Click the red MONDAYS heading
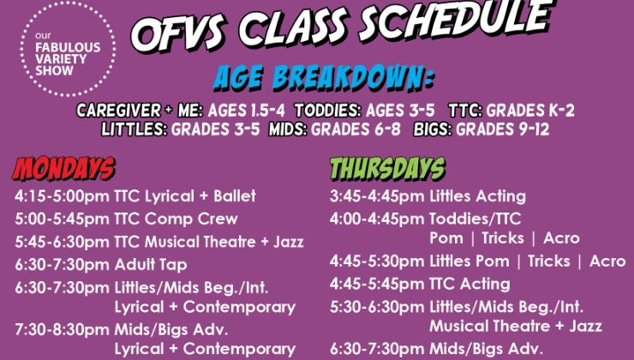click(64, 168)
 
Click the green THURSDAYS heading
click(387, 168)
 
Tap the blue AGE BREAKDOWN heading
click(324, 77)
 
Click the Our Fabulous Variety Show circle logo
click(68, 49)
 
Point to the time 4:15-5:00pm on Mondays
click(62, 196)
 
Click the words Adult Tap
click(151, 265)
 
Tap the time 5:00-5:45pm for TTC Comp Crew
click(62, 219)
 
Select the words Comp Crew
click(191, 219)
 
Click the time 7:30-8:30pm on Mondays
click(62, 330)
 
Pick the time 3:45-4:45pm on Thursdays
click(377, 196)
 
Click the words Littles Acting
click(477, 196)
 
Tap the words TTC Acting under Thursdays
click(470, 284)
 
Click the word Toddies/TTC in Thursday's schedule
click(475, 219)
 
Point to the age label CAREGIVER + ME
click(140, 111)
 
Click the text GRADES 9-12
click(503, 129)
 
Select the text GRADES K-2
click(530, 111)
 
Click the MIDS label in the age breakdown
click(288, 129)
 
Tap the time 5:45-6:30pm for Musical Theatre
click(62, 242)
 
